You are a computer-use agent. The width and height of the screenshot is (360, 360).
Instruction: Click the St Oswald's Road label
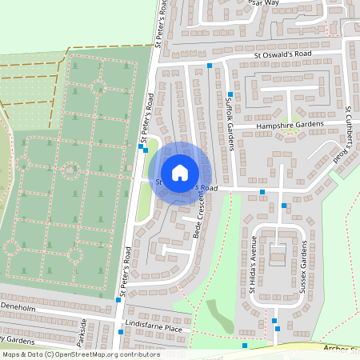[282, 54]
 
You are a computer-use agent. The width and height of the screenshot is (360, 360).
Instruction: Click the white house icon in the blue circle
[180, 172]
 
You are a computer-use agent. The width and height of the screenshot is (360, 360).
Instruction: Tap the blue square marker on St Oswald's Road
[210, 66]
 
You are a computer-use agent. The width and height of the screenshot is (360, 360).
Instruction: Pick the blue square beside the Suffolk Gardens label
[230, 94]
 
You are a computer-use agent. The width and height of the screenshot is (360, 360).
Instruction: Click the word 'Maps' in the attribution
[12, 354]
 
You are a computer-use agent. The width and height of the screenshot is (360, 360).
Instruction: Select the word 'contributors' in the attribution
[137, 354]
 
